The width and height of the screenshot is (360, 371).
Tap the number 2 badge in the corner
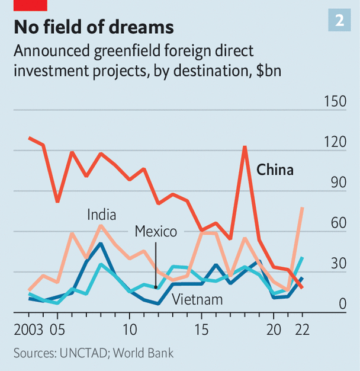tap(339, 21)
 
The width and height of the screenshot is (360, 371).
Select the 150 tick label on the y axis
tap(335, 101)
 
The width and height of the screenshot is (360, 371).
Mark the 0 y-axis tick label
tap(342, 303)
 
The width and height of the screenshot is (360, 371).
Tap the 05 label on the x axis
tap(58, 330)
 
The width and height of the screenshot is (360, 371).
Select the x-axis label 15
tap(202, 330)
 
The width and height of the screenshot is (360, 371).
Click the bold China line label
tap(275, 170)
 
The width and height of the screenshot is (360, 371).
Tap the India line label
tap(101, 214)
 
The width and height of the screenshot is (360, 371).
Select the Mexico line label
tap(156, 231)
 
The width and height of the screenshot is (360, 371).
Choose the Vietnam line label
tap(197, 299)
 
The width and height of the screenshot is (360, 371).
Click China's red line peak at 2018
tap(245, 146)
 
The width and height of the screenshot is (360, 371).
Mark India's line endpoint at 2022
tap(303, 208)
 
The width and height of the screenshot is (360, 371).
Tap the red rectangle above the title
tap(30, 5)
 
